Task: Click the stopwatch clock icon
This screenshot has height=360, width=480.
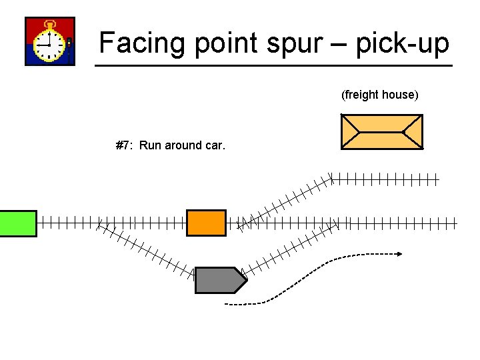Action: point(50,41)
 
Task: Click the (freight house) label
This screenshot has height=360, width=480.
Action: point(380,95)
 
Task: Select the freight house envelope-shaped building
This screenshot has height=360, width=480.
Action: point(381,131)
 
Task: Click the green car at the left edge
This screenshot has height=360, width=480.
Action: point(18,223)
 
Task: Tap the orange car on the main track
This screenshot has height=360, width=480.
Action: point(206,223)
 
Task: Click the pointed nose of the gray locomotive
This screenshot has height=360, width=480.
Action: point(245,280)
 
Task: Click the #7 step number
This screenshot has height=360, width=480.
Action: point(123,145)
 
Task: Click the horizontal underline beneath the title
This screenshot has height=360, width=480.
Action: point(273,65)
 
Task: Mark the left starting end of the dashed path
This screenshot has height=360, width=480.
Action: point(227,304)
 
